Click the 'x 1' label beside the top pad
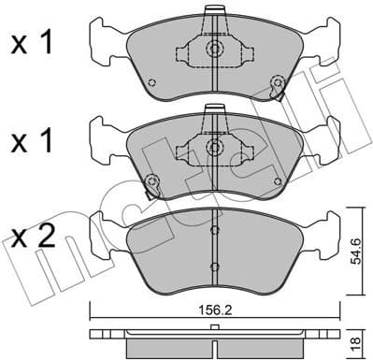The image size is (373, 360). [32, 44]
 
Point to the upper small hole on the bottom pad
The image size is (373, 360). [213, 229]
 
